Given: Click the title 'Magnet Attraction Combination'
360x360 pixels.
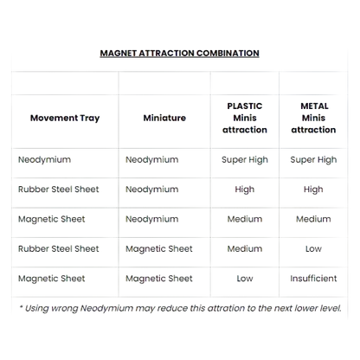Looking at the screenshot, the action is [x=179, y=54].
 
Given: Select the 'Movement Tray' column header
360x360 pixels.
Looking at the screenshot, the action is [x=65, y=118].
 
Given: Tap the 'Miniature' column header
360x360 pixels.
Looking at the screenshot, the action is [x=164, y=118].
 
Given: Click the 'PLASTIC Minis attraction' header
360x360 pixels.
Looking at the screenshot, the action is [x=245, y=118].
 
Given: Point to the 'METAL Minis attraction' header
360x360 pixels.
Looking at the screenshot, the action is [x=313, y=118].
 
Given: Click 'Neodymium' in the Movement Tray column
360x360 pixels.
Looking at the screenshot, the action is [x=44, y=159].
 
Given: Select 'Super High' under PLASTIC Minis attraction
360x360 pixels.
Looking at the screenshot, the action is [x=245, y=160].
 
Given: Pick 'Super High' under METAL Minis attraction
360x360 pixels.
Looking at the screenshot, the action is [x=313, y=160].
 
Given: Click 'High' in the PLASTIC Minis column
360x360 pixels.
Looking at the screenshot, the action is [x=245, y=190].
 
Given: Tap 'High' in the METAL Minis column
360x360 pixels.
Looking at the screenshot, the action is [x=313, y=190].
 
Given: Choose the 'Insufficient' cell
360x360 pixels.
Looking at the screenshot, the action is [x=313, y=279].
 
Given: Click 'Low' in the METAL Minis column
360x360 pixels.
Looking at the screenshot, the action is [x=313, y=248].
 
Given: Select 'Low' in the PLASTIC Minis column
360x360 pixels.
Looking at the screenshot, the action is [x=245, y=279].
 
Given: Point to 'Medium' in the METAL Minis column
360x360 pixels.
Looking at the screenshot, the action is [x=313, y=219].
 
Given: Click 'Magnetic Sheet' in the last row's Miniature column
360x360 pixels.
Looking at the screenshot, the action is [x=159, y=279].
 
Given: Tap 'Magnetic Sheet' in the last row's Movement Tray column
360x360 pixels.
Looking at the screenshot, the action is [x=52, y=279].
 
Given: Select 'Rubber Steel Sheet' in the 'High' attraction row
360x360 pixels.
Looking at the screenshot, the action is [x=59, y=190].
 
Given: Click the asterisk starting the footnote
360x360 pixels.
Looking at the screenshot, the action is [x=21, y=307].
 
